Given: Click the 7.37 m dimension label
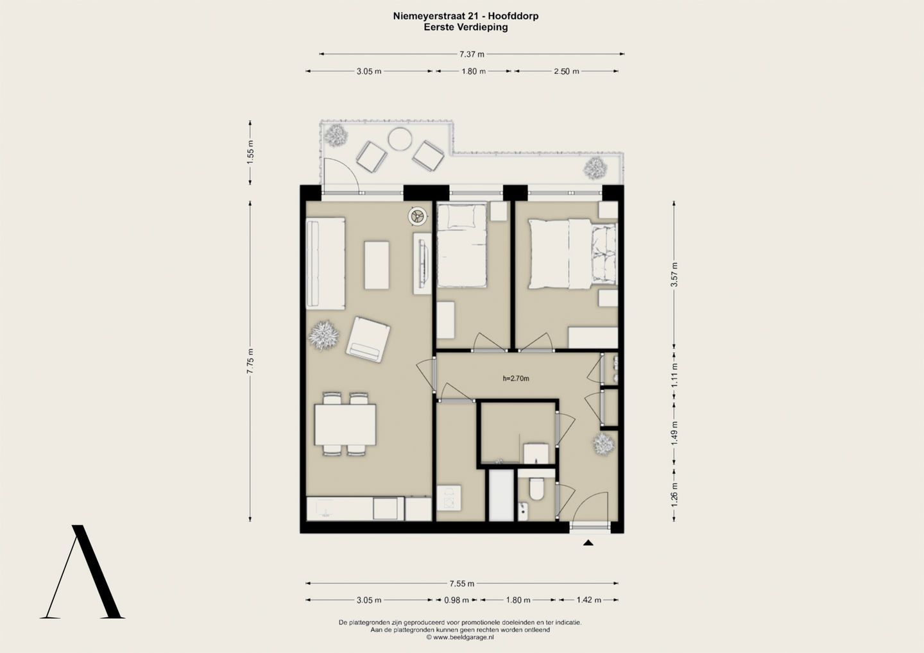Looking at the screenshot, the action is point(472,54).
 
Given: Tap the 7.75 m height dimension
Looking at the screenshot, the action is point(250,361).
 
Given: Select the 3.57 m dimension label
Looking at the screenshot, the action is point(674,275).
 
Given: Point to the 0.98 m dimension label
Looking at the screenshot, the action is point(457,600).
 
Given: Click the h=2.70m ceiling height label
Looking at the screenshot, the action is point(516,378).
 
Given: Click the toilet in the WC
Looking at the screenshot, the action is point(536,489).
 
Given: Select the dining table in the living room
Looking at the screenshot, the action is point(345,424).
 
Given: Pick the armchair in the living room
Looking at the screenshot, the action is point(368,340).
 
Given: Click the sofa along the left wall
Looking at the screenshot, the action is point(325,264).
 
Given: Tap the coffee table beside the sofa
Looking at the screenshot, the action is point(377,266).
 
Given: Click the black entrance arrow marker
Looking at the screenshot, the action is point(588,543).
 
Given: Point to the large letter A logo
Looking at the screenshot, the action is point(83,572).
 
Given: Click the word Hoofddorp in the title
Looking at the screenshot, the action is point(519,16).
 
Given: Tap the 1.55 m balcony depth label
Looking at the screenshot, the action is point(250,152).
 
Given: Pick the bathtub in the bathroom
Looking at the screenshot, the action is point(501,495).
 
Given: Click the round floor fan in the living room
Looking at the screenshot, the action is point(418,216).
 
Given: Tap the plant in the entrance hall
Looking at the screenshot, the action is point(604,445).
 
